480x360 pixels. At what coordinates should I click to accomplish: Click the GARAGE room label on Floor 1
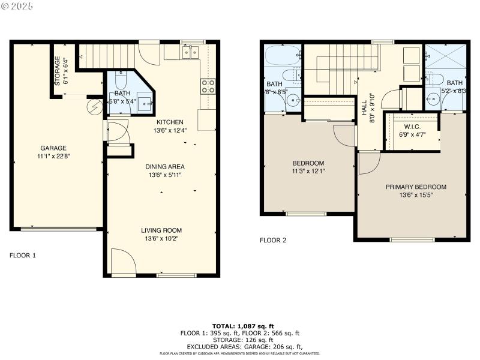[53, 148]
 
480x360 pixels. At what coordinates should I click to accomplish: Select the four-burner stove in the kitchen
[208, 86]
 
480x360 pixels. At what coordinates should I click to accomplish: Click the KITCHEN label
[170, 122]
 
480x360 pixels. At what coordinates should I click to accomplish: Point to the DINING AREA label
[164, 167]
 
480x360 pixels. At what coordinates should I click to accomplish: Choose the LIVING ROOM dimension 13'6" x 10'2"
[161, 238]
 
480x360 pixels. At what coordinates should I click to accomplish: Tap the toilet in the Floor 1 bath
[120, 80]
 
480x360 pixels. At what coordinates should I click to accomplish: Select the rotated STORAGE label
[58, 71]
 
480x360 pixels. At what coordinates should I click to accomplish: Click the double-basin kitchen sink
[190, 53]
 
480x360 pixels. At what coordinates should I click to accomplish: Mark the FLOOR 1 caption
[23, 255]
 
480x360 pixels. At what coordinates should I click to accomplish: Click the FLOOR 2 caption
[273, 241]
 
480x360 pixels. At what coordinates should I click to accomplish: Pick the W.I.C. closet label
[412, 127]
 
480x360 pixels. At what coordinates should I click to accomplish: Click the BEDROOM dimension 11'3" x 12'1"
[308, 171]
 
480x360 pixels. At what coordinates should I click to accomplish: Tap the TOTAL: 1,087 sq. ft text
[240, 326]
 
